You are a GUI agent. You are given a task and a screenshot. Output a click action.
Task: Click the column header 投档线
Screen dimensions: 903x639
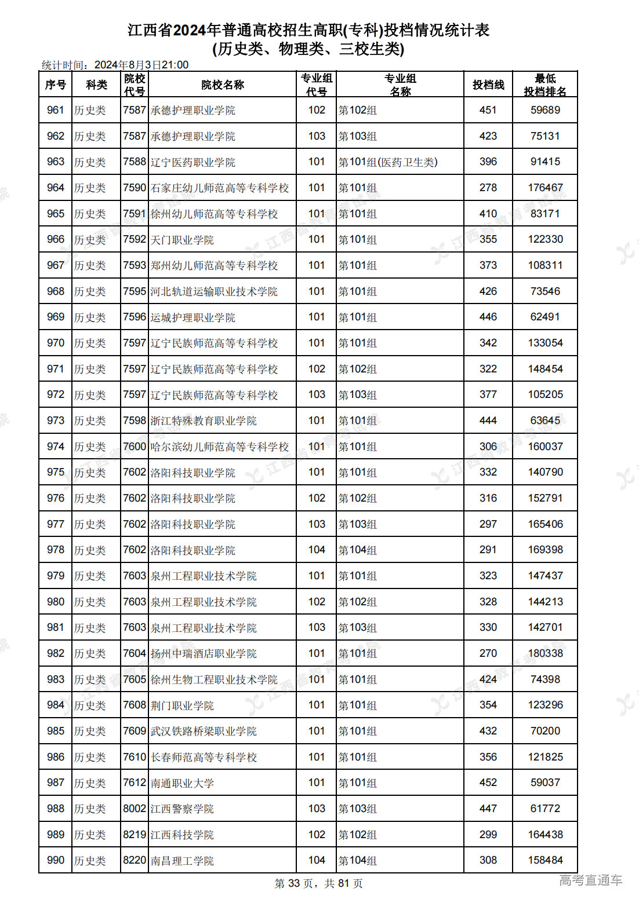tap(488, 85)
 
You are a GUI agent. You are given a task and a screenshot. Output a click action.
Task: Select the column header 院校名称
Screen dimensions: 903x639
tap(223, 85)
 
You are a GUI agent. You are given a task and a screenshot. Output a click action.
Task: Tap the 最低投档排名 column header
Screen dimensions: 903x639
tap(545, 85)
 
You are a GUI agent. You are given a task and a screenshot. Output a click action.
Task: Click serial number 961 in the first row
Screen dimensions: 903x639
tap(56, 110)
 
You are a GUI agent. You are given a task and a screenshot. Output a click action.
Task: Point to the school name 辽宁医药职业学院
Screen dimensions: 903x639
tap(193, 162)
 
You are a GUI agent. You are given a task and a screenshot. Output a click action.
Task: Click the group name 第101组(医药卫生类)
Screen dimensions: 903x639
tap(388, 162)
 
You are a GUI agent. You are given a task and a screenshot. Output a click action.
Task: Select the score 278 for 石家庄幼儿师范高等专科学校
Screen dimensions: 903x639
tap(488, 188)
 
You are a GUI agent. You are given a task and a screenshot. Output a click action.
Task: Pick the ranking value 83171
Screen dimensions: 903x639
tap(545, 214)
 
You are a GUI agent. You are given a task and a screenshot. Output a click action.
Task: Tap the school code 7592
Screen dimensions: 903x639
tap(135, 239)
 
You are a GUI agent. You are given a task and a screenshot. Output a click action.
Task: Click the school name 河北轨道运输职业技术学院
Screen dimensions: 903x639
tap(214, 291)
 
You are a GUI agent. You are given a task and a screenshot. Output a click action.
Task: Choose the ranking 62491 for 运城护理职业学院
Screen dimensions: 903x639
tap(545, 317)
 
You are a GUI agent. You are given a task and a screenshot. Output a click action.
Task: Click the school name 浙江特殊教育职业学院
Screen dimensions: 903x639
tap(204, 421)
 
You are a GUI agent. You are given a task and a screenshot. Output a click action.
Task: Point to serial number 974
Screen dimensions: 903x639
tap(56, 447)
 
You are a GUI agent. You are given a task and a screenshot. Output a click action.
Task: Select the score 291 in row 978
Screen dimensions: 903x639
tap(488, 550)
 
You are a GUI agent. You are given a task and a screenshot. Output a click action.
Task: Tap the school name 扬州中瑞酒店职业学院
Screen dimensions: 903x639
tap(204, 653)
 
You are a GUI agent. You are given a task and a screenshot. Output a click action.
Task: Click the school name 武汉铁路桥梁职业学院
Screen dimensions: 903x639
tap(204, 731)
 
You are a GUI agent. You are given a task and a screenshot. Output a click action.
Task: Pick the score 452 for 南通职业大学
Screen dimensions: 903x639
tap(488, 783)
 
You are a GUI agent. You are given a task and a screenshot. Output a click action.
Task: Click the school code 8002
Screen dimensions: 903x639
tap(135, 809)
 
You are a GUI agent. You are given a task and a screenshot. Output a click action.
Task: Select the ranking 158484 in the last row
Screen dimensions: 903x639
tap(545, 860)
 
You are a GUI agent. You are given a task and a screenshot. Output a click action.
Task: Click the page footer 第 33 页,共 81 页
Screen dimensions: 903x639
tap(318, 883)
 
